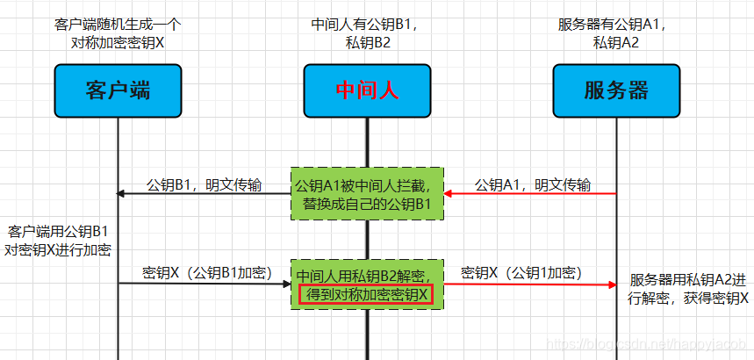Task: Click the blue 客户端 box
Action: click(118, 90)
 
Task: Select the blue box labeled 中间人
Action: click(368, 90)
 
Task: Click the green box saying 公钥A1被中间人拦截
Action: click(368, 194)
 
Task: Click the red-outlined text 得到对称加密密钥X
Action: click(366, 295)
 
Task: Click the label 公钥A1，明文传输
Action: click(532, 184)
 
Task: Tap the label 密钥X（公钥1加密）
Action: click(521, 272)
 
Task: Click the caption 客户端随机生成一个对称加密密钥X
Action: click(117, 33)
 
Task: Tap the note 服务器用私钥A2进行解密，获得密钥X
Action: click(688, 289)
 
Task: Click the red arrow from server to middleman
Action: click(531, 195)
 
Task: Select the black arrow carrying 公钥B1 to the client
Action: click(206, 195)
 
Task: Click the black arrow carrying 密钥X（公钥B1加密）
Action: click(206, 284)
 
